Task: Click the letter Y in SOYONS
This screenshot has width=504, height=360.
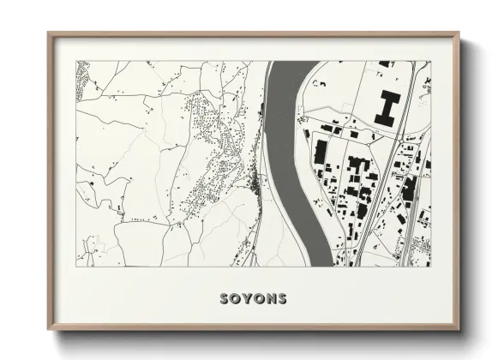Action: (247, 299)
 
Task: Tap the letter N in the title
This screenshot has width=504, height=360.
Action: (270, 299)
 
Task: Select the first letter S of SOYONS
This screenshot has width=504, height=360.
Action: (225, 299)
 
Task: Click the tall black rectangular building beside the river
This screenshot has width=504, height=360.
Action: (320, 153)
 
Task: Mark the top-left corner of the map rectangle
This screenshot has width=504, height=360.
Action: (76, 61)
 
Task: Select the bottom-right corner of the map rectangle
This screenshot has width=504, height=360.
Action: (431, 267)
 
